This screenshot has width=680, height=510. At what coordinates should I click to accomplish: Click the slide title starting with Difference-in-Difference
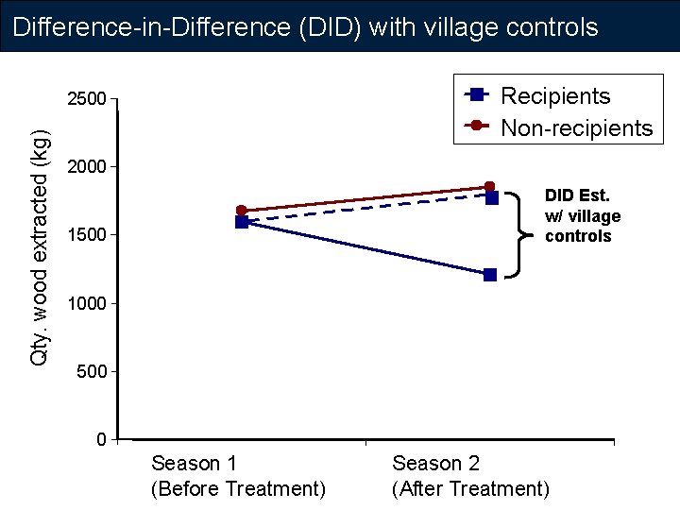coord(306,26)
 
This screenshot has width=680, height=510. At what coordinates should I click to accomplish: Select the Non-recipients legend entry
coord(576,127)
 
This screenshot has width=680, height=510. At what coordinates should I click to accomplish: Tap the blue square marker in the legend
coord(478,93)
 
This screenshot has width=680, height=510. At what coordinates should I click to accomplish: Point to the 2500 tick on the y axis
coord(86,98)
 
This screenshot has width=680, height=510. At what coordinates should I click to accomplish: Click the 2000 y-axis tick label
coord(86,167)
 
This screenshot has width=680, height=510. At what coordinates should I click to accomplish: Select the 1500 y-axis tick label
coord(86,235)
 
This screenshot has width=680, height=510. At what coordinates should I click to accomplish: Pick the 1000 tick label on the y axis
coord(86,304)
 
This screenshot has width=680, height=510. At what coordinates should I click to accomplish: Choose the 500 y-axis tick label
coord(92,372)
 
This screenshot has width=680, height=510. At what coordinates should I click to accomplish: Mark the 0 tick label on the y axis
coord(100,440)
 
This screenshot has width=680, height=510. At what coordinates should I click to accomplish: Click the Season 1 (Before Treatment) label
coord(238,476)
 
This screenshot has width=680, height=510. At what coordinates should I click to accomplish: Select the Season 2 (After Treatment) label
coord(469,476)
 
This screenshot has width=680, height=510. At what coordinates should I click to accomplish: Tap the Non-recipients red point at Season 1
coord(241,211)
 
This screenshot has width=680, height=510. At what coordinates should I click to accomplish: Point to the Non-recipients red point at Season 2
coord(489,187)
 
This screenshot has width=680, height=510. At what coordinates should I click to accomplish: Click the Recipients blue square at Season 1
coord(242,222)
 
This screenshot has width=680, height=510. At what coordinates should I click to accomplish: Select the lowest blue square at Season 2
coord(489,275)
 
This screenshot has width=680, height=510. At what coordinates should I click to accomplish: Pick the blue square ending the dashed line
coord(492,197)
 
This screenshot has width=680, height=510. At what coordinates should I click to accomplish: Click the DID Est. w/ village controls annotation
coord(582,215)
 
